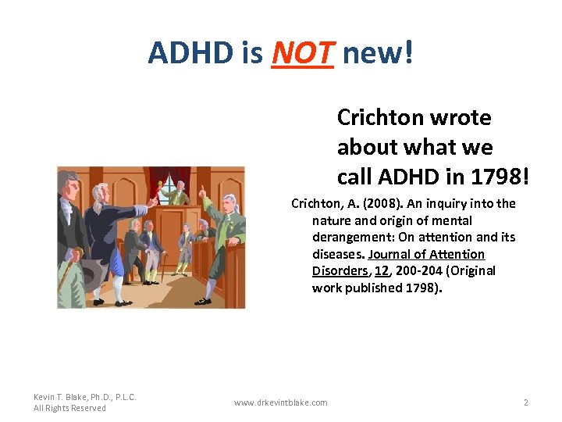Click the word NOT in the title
coord(302,53)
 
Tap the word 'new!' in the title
coord(378,53)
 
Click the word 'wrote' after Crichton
coord(464,117)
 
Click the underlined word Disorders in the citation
coord(339,271)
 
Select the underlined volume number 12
coord(380,271)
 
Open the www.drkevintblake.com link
coord(281,402)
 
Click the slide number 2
coord(525,402)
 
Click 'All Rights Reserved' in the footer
coord(70,408)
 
